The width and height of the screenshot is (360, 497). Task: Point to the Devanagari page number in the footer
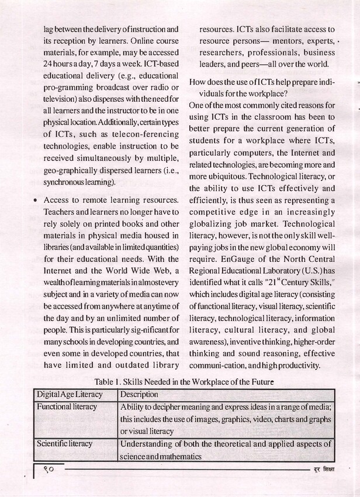tap(51, 469)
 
